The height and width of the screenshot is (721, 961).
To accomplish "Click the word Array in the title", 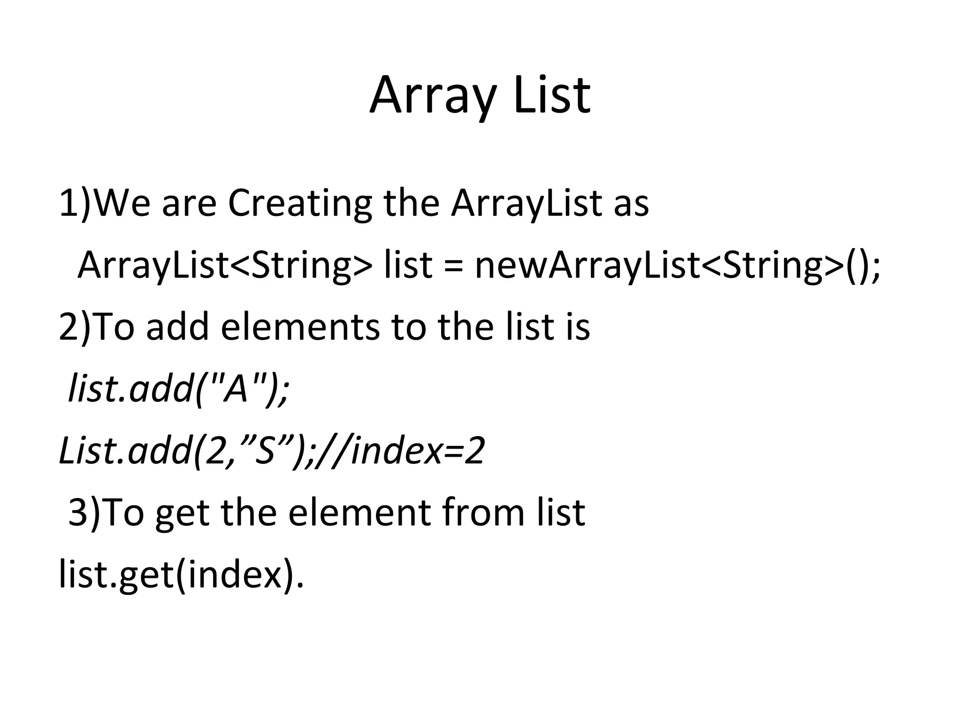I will click(432, 96).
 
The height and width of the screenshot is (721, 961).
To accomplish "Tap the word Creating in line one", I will click(299, 204).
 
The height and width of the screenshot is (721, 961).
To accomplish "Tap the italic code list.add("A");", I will click(179, 389).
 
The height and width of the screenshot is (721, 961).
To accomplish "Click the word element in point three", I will click(358, 513).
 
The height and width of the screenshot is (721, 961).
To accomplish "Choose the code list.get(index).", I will click(181, 575).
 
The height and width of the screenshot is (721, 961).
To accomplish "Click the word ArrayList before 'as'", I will click(526, 204).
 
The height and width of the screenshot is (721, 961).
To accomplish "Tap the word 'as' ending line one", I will click(631, 205).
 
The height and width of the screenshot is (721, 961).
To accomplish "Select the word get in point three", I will click(182, 514).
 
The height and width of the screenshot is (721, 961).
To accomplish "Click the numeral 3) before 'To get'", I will click(84, 513).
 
